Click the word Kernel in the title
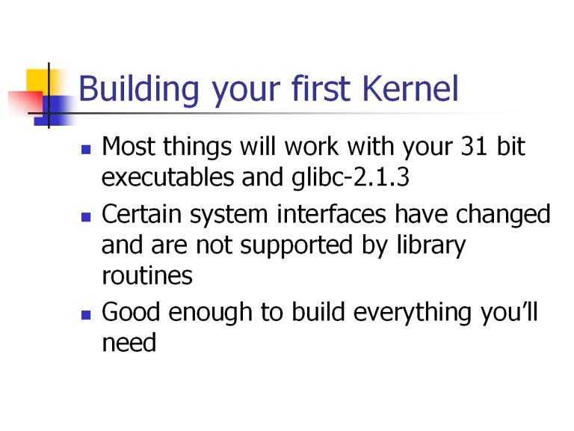(x=410, y=88)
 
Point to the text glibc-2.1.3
(x=351, y=178)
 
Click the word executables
(x=167, y=177)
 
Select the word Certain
(x=142, y=214)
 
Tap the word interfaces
(x=331, y=214)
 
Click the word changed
(x=503, y=215)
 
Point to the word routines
(x=147, y=275)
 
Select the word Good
(x=131, y=312)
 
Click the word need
(x=129, y=343)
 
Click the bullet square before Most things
(x=86, y=150)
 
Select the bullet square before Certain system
(x=86, y=217)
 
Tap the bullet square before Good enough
(x=86, y=315)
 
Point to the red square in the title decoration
(x=25, y=103)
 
